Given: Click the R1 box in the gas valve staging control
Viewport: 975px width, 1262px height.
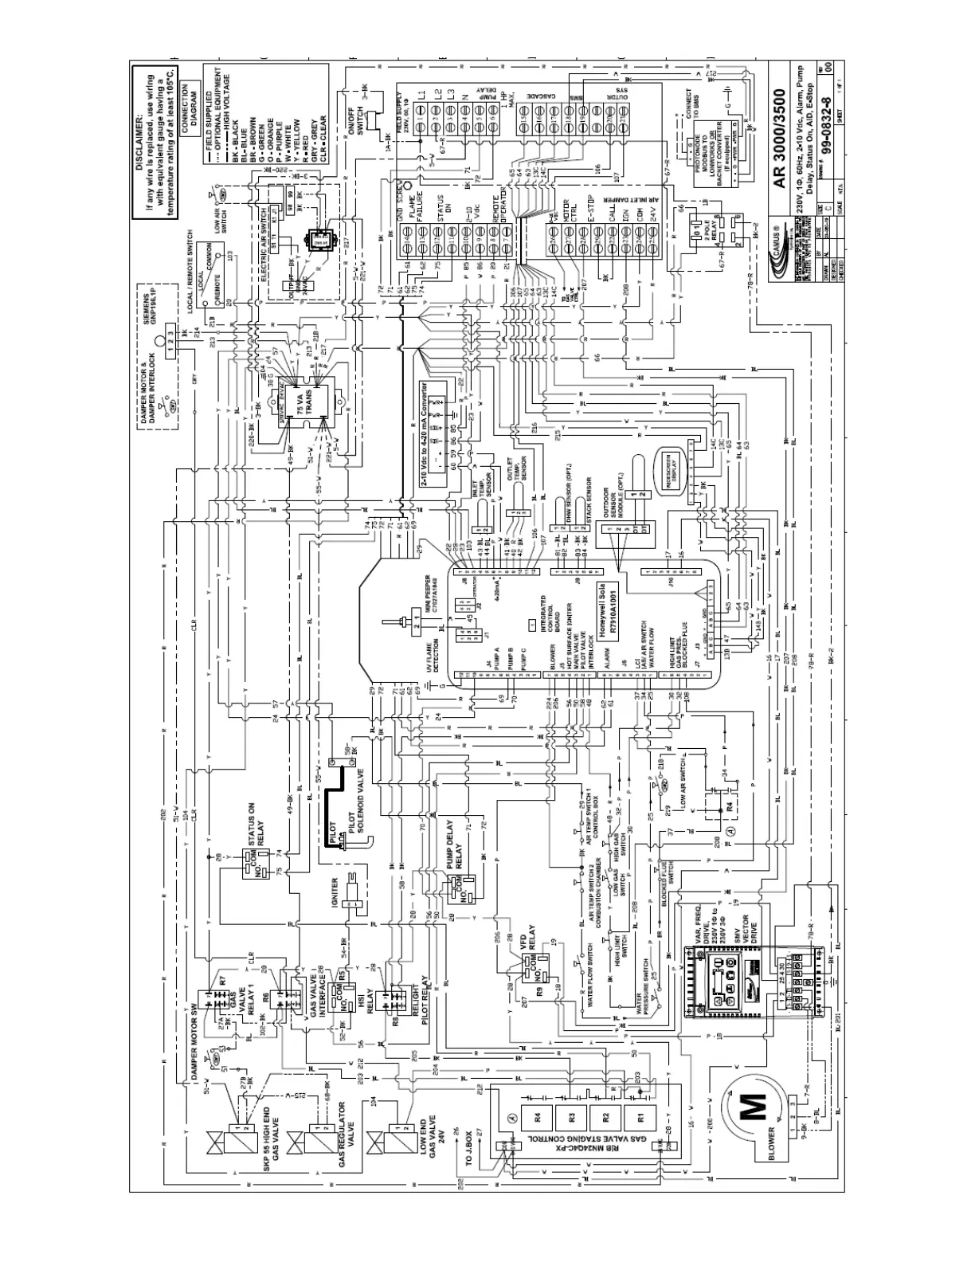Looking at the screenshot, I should point(635,1115).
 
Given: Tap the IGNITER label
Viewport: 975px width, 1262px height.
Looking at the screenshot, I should point(335,896).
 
